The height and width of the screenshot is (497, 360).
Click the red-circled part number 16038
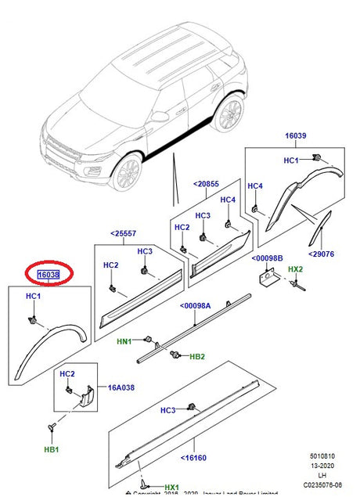49,275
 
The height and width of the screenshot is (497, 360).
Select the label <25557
122,233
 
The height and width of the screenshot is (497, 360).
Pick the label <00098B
267,258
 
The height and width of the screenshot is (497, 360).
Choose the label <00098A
196,306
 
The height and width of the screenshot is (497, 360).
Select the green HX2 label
295,269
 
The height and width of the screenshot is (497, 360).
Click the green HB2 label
197,356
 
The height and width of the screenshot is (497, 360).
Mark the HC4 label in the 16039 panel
256,186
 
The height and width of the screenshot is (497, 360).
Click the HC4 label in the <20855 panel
228,200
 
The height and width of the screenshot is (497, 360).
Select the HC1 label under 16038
33,297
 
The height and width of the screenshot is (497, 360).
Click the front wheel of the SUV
125,173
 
